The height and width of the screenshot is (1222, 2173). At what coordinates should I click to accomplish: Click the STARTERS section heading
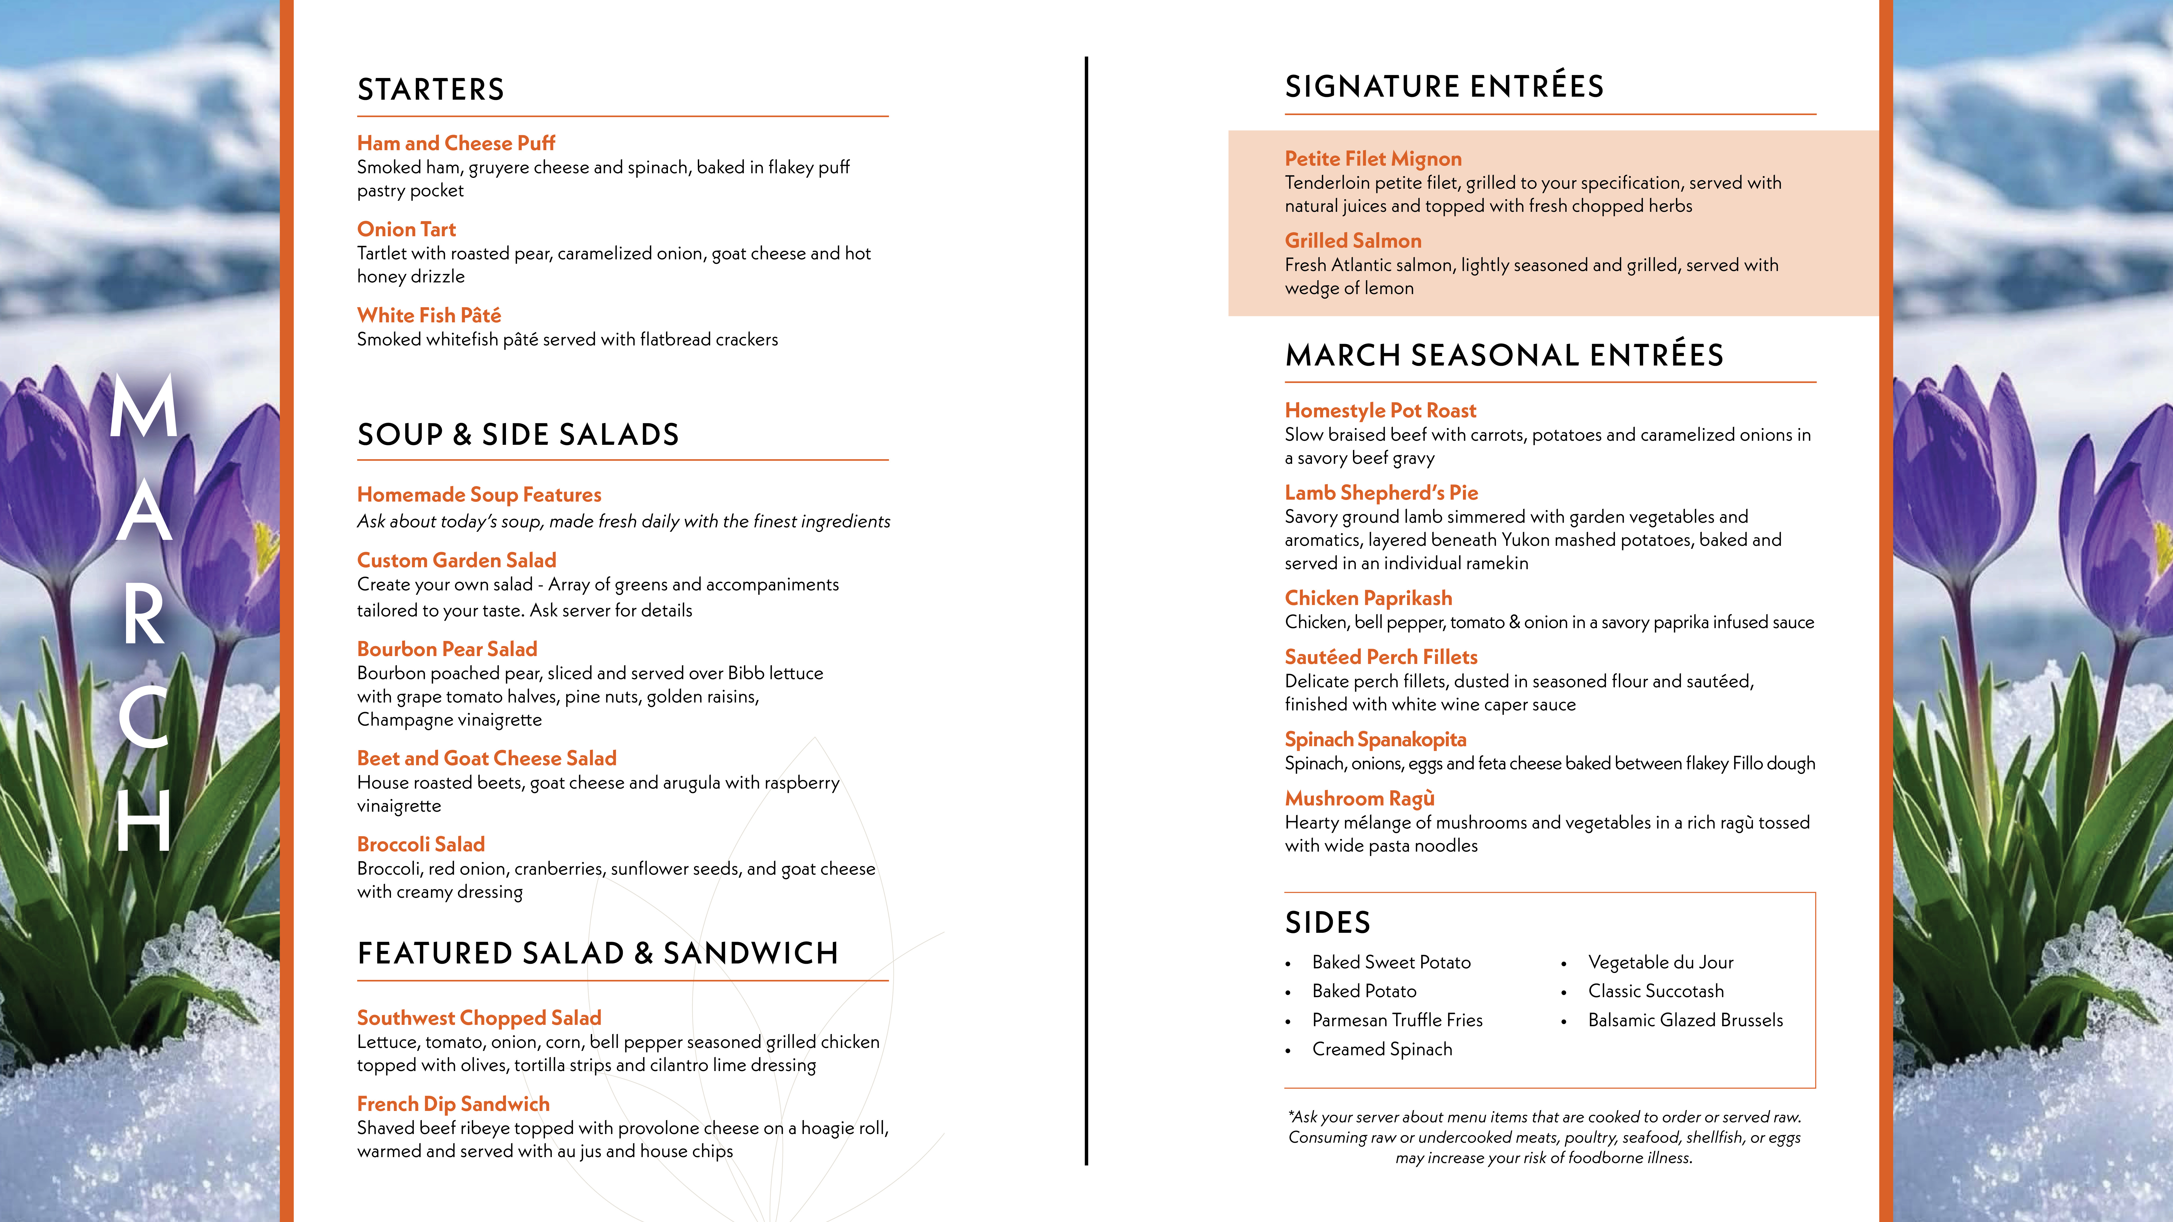click(x=430, y=89)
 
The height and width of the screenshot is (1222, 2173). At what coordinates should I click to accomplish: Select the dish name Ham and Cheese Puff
click(x=456, y=143)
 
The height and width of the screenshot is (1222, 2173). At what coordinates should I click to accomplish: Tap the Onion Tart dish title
click(x=406, y=229)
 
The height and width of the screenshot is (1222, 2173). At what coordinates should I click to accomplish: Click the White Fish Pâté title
click(x=429, y=315)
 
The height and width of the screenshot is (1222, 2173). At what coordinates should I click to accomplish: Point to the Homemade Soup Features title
click(x=478, y=495)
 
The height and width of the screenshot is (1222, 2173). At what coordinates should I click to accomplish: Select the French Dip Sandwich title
click(x=453, y=1104)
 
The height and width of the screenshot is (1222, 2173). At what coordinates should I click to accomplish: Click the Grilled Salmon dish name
click(x=1352, y=241)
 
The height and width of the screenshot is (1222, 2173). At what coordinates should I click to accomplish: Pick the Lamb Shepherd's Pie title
click(x=1381, y=493)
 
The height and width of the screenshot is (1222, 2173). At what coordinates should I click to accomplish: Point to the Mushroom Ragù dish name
click(x=1359, y=799)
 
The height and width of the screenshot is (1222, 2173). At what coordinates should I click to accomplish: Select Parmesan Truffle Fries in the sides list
click(x=1397, y=1021)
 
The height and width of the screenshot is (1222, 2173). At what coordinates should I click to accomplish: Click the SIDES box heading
click(x=1327, y=923)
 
